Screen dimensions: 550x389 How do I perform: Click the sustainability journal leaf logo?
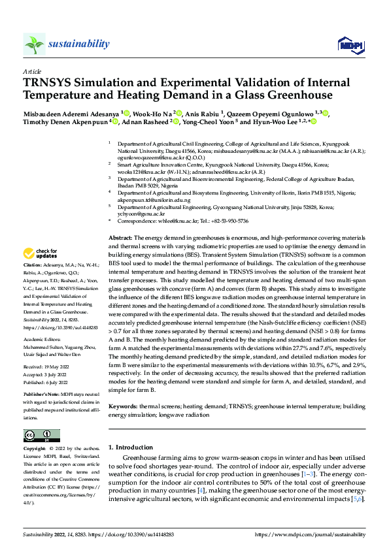[34, 44]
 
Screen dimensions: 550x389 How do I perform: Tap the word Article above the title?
[31, 71]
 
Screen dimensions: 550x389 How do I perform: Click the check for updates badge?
[41, 253]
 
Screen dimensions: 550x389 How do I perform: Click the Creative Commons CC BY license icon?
[41, 436]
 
